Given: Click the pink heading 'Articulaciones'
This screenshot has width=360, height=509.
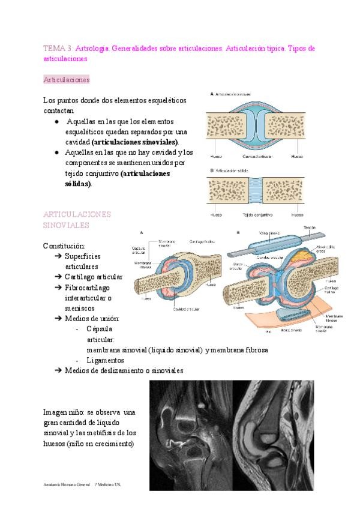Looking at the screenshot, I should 66,79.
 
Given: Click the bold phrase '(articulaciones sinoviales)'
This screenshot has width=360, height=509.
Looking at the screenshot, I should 135,142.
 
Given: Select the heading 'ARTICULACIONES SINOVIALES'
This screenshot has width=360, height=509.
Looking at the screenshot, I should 77,219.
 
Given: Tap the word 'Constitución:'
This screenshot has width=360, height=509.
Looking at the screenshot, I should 64,246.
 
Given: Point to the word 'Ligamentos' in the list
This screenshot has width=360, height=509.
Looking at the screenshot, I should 105,360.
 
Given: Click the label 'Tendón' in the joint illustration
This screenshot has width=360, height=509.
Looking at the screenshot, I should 310,228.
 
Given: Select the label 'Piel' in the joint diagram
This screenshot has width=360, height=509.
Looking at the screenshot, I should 268,331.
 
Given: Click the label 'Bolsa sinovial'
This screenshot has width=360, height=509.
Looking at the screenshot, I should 292,330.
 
